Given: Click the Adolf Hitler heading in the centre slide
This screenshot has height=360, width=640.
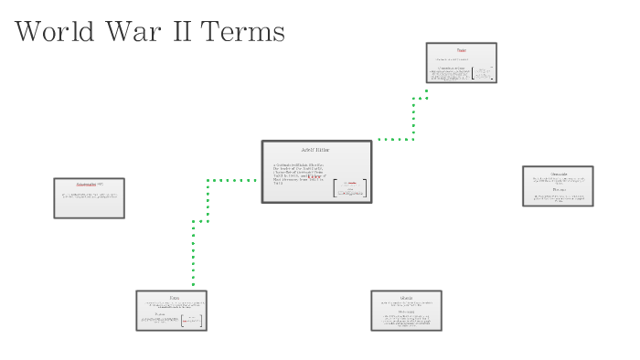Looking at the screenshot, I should pyautogui.click(x=315, y=150).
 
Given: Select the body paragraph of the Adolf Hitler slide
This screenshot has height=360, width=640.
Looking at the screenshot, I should pyautogui.click(x=298, y=174).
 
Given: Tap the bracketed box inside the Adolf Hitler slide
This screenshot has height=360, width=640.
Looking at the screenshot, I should pyautogui.click(x=349, y=187).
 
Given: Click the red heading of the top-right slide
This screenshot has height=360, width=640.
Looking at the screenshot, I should pyautogui.click(x=462, y=50).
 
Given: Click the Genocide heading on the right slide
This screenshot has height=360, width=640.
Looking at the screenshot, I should pyautogui.click(x=558, y=173).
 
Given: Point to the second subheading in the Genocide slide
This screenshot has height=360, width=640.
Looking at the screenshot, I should pyautogui.click(x=558, y=190).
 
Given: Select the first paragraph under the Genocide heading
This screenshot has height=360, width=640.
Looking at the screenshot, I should pyautogui.click(x=558, y=181).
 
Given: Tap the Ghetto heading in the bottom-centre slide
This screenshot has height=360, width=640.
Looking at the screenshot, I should pyautogui.click(x=406, y=298).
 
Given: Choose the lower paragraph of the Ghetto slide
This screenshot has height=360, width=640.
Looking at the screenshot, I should pyautogui.click(x=406, y=320).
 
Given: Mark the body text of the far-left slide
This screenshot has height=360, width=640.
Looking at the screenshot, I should pyautogui.click(x=89, y=196).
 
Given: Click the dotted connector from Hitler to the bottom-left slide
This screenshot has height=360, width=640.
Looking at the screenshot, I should pyautogui.click(x=208, y=201).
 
